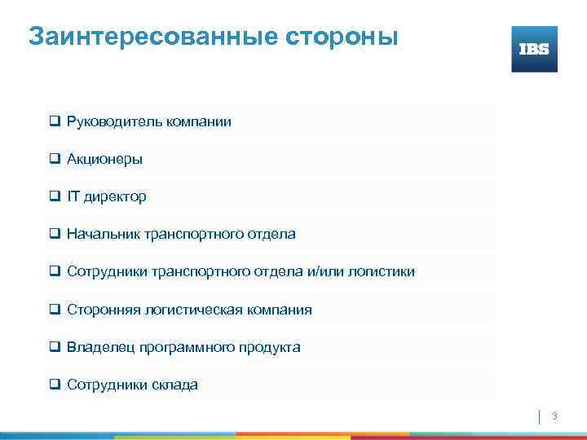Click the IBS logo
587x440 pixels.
(534, 49)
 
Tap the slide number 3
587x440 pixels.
(554, 416)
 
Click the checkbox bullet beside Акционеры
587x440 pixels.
(55, 159)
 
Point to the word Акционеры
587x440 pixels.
(105, 160)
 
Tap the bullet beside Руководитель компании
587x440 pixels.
(55, 121)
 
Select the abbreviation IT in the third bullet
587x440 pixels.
(73, 197)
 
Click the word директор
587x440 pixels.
(116, 197)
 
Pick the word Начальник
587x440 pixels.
(104, 235)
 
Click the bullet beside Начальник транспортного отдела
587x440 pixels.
(55, 234)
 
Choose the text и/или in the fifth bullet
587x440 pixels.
(328, 272)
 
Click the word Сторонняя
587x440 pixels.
(103, 310)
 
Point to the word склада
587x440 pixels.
(174, 385)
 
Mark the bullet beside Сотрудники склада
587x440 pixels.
(55, 384)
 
